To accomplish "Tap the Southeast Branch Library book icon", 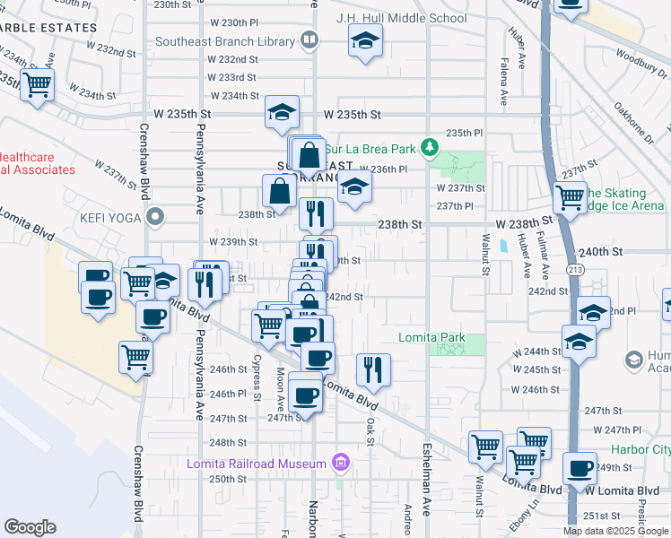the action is (x=309, y=40).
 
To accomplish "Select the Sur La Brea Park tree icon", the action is (x=431, y=146).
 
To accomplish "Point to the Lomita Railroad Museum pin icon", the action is (x=339, y=463).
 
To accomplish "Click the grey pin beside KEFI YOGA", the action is (x=156, y=216).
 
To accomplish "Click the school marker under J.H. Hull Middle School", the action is (x=364, y=42).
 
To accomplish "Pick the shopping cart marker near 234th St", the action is (x=37, y=85).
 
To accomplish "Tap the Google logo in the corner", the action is (x=30, y=527).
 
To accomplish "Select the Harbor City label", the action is (x=640, y=449).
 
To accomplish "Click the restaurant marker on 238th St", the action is (x=316, y=213).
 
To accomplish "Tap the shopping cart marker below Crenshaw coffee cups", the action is (x=136, y=356).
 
